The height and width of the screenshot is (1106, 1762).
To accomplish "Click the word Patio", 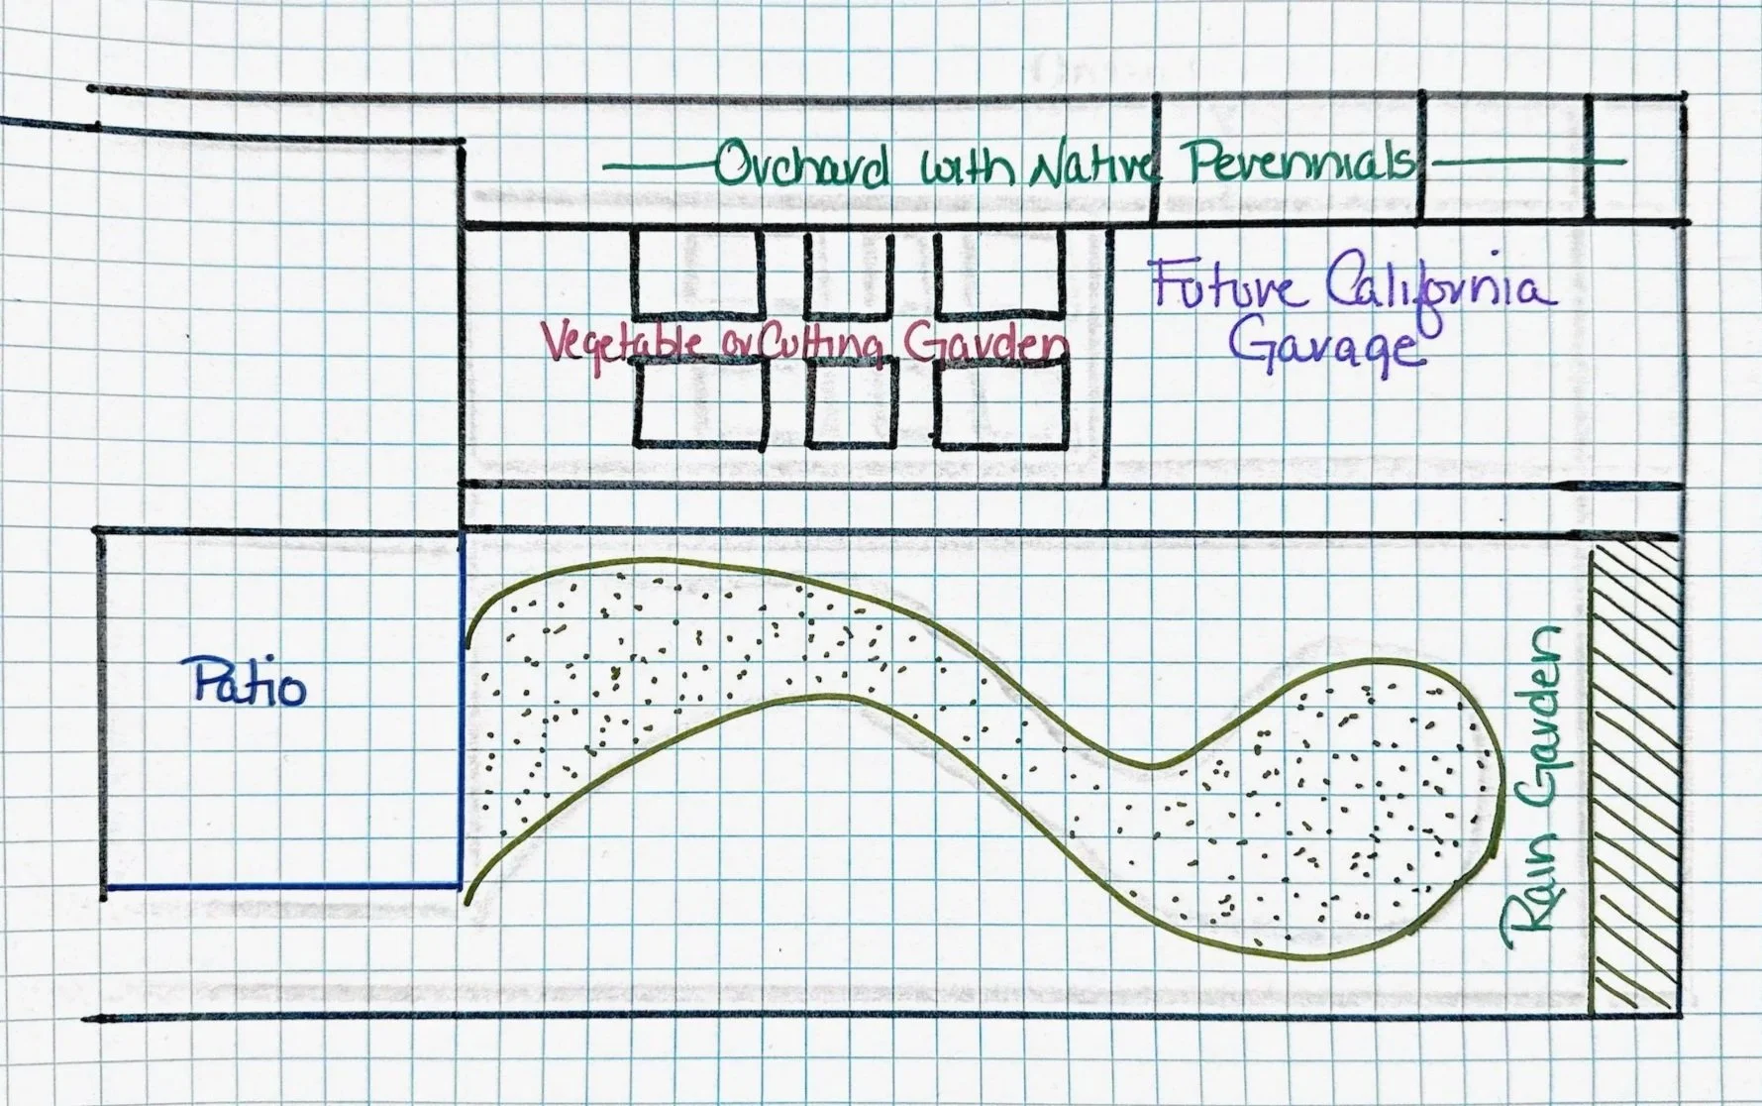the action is pos(249,683).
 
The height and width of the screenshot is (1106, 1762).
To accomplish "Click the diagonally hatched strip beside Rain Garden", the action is pos(1635,783).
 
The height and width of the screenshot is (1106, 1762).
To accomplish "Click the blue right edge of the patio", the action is pos(462,710).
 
